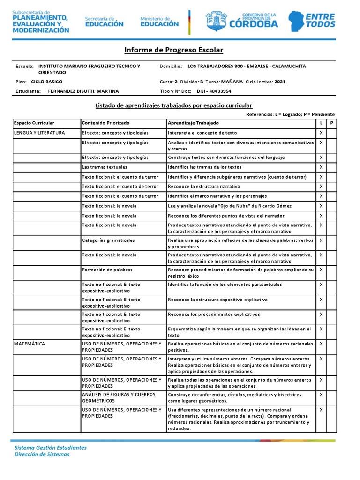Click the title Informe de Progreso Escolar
[x=173, y=50]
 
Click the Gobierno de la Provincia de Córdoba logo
[x=242, y=21]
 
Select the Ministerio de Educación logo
[x=159, y=21]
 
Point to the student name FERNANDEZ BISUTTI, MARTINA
[x=83, y=91]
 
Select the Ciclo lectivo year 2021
[x=280, y=82]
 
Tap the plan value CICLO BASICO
[x=50, y=82]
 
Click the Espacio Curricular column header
[x=34, y=123]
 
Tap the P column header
[x=331, y=123]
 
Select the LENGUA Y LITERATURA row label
[x=39, y=133]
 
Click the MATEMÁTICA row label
[x=30, y=344]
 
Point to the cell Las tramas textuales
[x=104, y=167]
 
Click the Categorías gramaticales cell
[x=108, y=240]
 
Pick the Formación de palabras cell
[x=107, y=270]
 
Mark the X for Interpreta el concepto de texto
[x=321, y=133]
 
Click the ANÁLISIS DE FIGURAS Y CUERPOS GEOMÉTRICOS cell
[x=119, y=397]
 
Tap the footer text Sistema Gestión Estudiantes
[x=51, y=447]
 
